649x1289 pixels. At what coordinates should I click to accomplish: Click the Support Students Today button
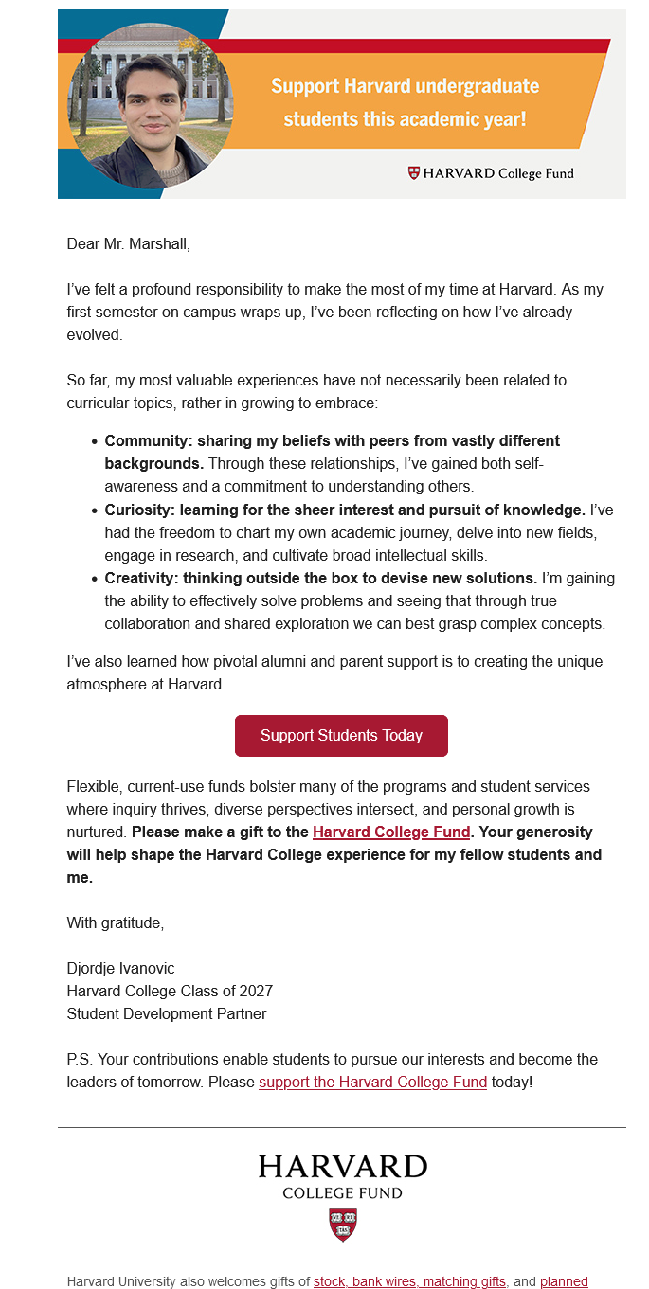[x=341, y=736]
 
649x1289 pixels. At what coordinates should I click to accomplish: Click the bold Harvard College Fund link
[x=391, y=832]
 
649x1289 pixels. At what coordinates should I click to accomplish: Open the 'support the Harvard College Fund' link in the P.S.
[x=372, y=1082]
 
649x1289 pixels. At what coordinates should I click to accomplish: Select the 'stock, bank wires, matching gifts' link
[x=409, y=1281]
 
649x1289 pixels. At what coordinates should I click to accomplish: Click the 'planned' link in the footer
[x=564, y=1281]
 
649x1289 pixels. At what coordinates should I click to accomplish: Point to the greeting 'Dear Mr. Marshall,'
[x=129, y=243]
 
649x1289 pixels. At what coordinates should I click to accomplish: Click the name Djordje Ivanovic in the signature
[x=120, y=968]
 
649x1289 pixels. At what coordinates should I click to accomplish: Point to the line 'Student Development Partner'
[x=167, y=1013]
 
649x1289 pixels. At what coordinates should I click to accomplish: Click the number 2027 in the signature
[x=256, y=991]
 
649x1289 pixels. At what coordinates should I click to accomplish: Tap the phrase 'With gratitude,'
[x=116, y=922]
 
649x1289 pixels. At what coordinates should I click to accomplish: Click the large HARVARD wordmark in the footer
[x=342, y=1166]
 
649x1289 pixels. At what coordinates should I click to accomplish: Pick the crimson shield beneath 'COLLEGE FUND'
[x=342, y=1224]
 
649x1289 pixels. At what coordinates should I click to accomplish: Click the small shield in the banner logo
[x=413, y=173]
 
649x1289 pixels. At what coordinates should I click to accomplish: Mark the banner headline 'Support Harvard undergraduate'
[x=405, y=86]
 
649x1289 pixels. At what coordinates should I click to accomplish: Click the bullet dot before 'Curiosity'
[x=95, y=510]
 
